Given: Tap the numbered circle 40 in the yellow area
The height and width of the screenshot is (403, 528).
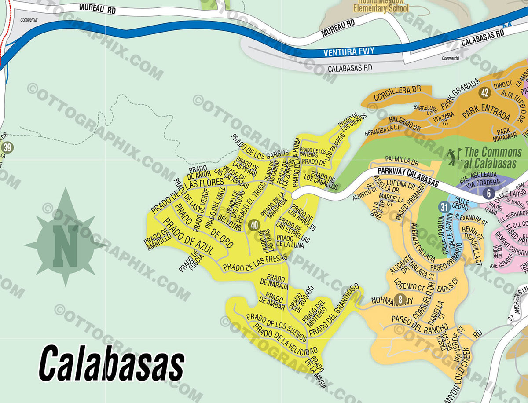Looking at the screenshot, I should coord(254,225).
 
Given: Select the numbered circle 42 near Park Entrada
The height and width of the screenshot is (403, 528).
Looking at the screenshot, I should coord(485,93).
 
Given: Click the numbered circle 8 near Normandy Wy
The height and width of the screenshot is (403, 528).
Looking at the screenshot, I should coord(400,300).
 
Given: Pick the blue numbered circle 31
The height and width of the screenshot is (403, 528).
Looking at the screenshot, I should coord(444,207).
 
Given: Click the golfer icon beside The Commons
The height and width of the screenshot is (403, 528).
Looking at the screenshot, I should coord(452,156).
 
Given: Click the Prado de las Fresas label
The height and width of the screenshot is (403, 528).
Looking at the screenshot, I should coord(255,262).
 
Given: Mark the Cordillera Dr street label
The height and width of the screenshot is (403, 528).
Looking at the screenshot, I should coord(397,93).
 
